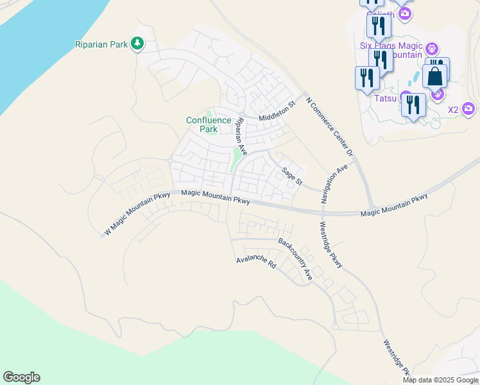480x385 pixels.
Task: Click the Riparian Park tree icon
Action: point(136,44)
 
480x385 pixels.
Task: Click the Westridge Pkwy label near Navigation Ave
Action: point(331,244)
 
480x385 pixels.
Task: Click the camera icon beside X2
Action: point(468,109)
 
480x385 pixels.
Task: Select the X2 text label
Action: point(453,110)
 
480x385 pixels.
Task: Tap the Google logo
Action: point(21,377)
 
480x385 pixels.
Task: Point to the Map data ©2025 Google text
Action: point(441,380)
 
